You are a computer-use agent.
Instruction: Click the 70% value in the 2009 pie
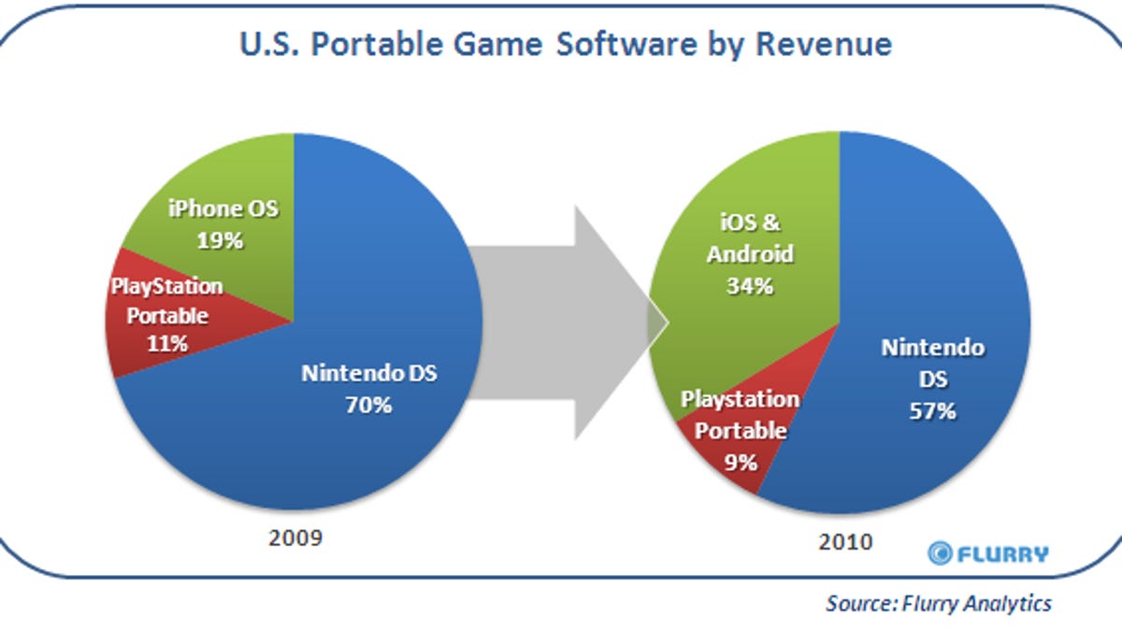368,406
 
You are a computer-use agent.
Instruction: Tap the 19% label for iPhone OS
221,241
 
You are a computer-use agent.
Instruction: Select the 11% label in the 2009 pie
168,343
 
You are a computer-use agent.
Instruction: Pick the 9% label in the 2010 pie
740,460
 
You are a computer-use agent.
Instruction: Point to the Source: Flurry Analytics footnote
938,603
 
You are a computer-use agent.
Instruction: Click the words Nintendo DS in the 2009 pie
368,374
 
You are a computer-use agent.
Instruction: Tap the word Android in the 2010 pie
750,253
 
